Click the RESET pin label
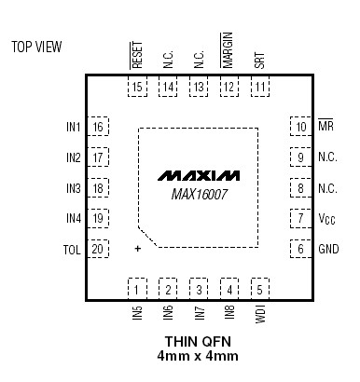click(x=137, y=55)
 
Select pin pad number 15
click(x=137, y=87)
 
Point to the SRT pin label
click(x=259, y=61)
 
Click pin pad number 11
click(x=260, y=87)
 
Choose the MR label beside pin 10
click(x=325, y=126)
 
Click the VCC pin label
click(x=326, y=219)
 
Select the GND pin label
click(x=328, y=249)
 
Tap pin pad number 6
click(x=300, y=249)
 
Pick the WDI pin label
click(x=260, y=314)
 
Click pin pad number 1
click(x=137, y=290)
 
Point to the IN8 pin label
click(x=229, y=312)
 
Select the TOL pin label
click(x=72, y=250)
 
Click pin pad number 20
click(x=98, y=249)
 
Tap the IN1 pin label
click(x=74, y=127)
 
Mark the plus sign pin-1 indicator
click(x=137, y=249)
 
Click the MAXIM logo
click(x=199, y=175)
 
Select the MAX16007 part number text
click(x=200, y=195)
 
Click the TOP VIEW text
click(x=36, y=47)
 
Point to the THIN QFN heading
click(x=198, y=342)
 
